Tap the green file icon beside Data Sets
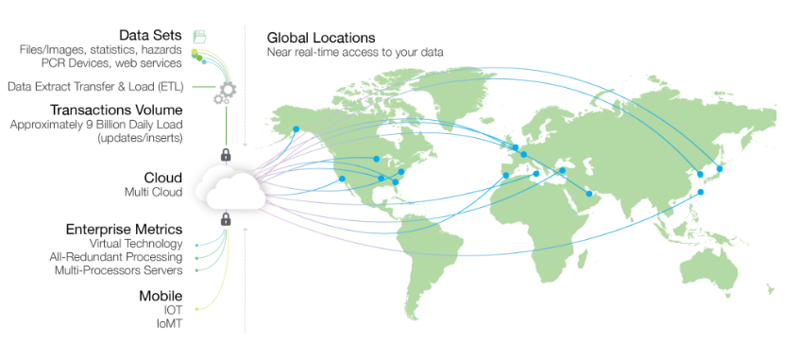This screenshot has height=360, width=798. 199,36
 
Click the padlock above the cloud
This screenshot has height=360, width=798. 226,154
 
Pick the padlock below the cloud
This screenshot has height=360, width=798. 226,219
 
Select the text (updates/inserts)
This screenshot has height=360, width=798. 140,138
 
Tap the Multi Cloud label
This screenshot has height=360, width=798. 152,192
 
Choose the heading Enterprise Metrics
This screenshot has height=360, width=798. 124,230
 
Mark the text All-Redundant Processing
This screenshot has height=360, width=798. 116,257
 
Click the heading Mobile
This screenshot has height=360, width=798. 161,296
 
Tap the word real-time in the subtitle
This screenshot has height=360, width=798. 326,52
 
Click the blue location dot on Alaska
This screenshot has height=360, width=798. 296,129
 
